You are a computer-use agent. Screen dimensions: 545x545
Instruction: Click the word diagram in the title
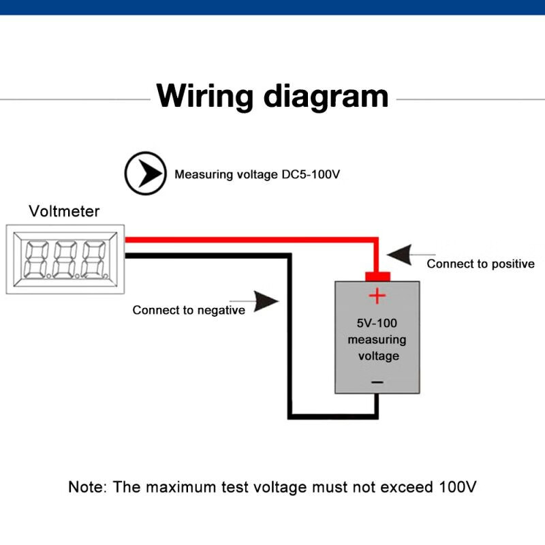326,97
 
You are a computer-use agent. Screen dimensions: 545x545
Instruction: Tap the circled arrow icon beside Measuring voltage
144,174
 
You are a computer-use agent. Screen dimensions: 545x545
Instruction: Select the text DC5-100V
311,174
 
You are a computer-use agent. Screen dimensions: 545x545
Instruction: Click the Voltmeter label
64,211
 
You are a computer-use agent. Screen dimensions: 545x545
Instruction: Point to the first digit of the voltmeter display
35,260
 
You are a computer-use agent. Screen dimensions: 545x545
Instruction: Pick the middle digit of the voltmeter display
65,260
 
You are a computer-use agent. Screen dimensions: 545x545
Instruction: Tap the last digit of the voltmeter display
94,260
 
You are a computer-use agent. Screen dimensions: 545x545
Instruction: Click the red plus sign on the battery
377,296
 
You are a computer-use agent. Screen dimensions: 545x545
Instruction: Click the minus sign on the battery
377,382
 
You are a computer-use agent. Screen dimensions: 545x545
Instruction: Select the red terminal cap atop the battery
377,276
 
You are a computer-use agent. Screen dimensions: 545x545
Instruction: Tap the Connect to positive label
480,264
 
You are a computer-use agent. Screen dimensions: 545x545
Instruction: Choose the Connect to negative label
189,310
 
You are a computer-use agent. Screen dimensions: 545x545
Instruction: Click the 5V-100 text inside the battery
377,324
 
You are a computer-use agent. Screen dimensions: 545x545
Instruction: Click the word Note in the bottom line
86,487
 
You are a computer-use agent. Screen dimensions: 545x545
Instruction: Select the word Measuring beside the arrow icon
202,174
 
